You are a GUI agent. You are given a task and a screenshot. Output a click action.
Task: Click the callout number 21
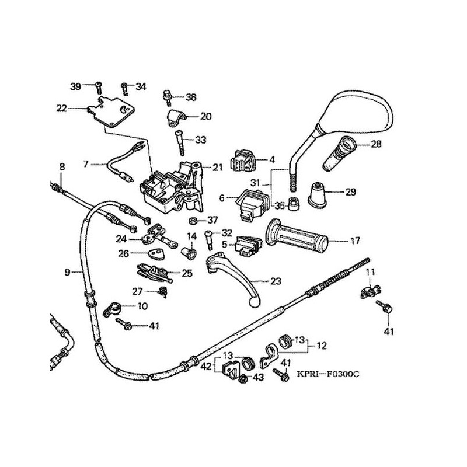click(x=218, y=168)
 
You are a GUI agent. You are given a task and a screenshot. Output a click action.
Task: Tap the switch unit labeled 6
click(x=249, y=201)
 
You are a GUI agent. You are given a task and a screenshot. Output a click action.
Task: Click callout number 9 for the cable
click(x=67, y=272)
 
